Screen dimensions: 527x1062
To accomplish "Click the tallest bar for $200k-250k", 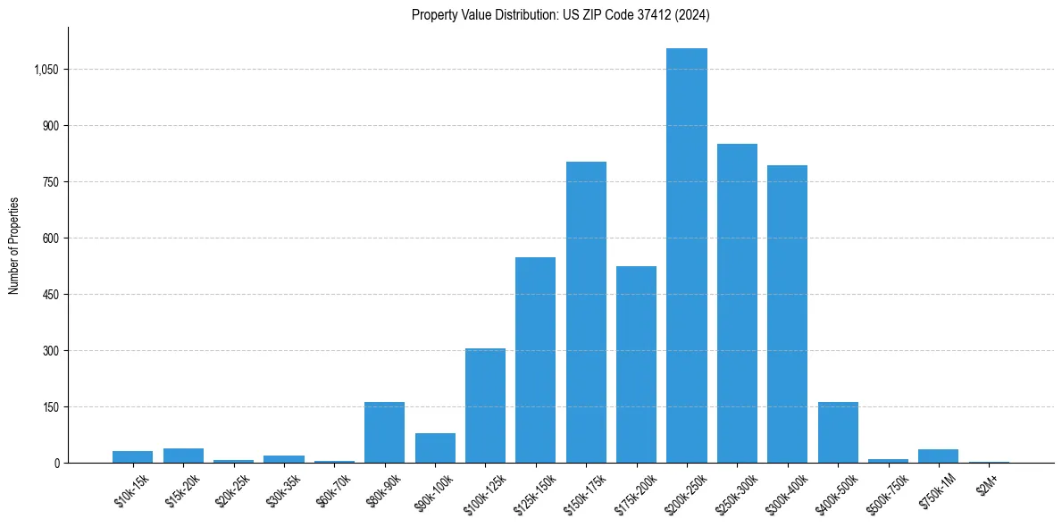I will [687, 255].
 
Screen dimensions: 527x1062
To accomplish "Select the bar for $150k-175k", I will [586, 313].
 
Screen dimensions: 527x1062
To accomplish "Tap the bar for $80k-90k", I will [384, 432].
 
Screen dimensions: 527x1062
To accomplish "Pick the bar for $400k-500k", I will [838, 432].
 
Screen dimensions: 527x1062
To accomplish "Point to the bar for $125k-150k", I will [535, 360].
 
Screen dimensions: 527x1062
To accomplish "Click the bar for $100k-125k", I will [485, 406].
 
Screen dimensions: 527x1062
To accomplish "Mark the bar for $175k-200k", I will [636, 364].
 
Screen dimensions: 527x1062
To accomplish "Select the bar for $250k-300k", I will [737, 304].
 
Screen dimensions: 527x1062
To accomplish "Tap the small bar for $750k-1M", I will [938, 456].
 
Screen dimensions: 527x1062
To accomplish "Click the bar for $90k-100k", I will [435, 448].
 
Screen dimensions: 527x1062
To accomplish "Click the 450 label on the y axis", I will [50, 295].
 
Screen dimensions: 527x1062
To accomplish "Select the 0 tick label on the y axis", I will [56, 463].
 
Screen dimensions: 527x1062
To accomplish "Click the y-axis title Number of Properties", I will [14, 245].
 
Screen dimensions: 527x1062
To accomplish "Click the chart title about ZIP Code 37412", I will [561, 14].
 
